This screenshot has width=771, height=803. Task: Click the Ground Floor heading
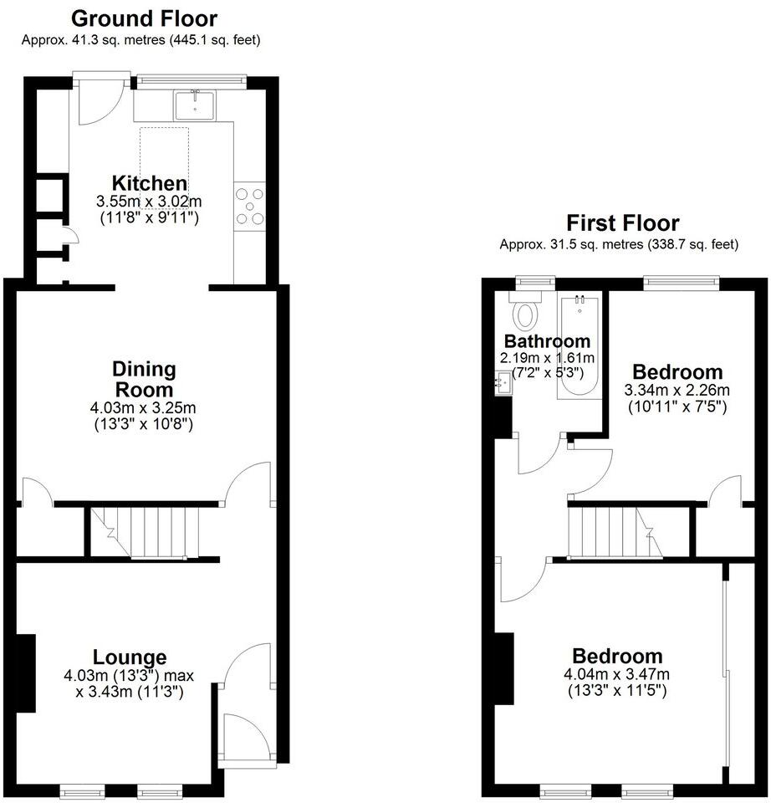[x=144, y=18]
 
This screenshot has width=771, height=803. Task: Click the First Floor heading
[x=622, y=223]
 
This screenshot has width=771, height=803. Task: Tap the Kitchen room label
[x=150, y=183]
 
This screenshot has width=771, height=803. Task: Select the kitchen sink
[x=195, y=105]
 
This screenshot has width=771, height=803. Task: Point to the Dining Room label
[x=144, y=379]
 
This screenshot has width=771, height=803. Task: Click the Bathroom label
[x=547, y=341]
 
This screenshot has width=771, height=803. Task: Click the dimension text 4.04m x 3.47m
[x=617, y=675]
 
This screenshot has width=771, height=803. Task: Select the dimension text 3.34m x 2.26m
[x=677, y=391]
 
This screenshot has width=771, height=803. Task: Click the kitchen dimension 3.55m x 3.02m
[x=150, y=202]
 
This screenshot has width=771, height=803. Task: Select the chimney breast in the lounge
[x=26, y=673]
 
